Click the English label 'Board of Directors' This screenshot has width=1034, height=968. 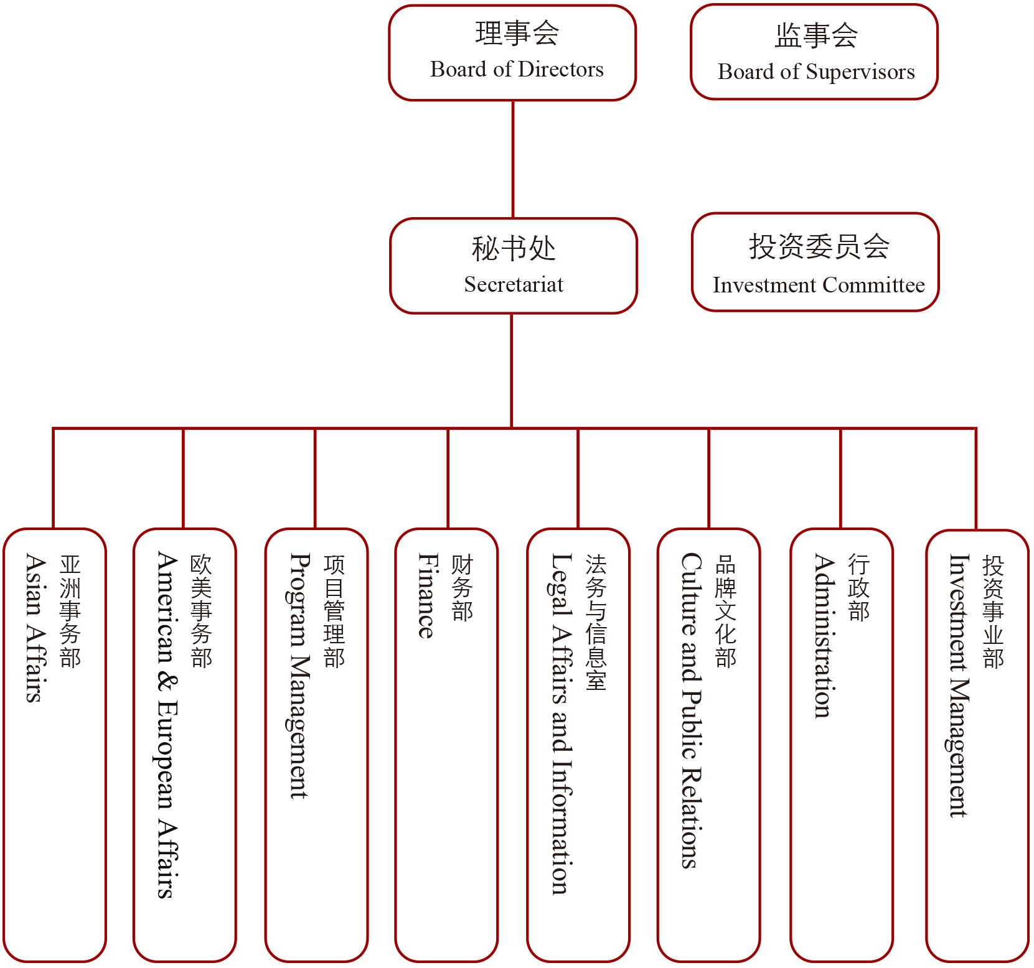[x=517, y=69]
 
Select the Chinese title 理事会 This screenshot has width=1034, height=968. [x=517, y=34]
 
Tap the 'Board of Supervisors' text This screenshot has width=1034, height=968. [x=816, y=72]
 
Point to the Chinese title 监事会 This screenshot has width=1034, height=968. [x=816, y=35]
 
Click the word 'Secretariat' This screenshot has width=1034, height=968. [x=514, y=284]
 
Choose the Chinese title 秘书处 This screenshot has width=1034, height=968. [x=514, y=249]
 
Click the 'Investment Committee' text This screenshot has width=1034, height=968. [x=819, y=285]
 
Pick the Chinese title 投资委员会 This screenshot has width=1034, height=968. [x=819, y=246]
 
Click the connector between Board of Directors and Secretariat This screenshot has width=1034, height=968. [x=513, y=159]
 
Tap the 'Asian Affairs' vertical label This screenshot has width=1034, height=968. [x=37, y=628]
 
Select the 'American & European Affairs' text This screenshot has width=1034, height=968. [x=167, y=725]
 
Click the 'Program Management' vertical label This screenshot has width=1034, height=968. [x=300, y=676]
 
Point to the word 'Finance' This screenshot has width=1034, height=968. [x=428, y=595]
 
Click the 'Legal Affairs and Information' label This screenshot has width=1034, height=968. [x=562, y=724]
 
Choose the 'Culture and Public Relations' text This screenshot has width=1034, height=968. [x=691, y=710]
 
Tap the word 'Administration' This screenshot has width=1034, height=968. [x=824, y=636]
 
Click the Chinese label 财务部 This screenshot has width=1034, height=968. [x=462, y=589]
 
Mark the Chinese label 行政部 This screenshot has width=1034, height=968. [x=858, y=589]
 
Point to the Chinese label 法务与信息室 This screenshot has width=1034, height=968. [x=596, y=623]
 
